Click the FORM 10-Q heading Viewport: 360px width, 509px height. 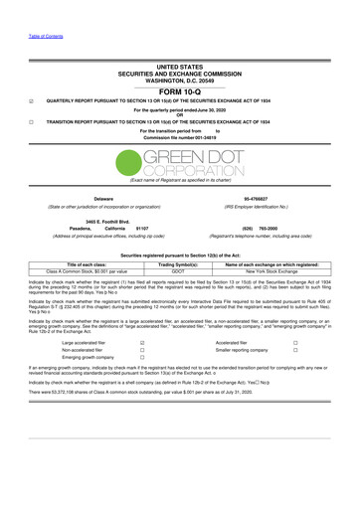pyautogui.click(x=180, y=87)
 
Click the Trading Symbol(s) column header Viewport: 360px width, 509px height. pyautogui.click(x=180, y=263)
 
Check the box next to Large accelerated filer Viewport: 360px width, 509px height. pyautogui.click(x=143, y=341)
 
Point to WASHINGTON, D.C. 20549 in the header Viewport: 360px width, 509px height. pyautogui.click(x=180, y=75)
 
